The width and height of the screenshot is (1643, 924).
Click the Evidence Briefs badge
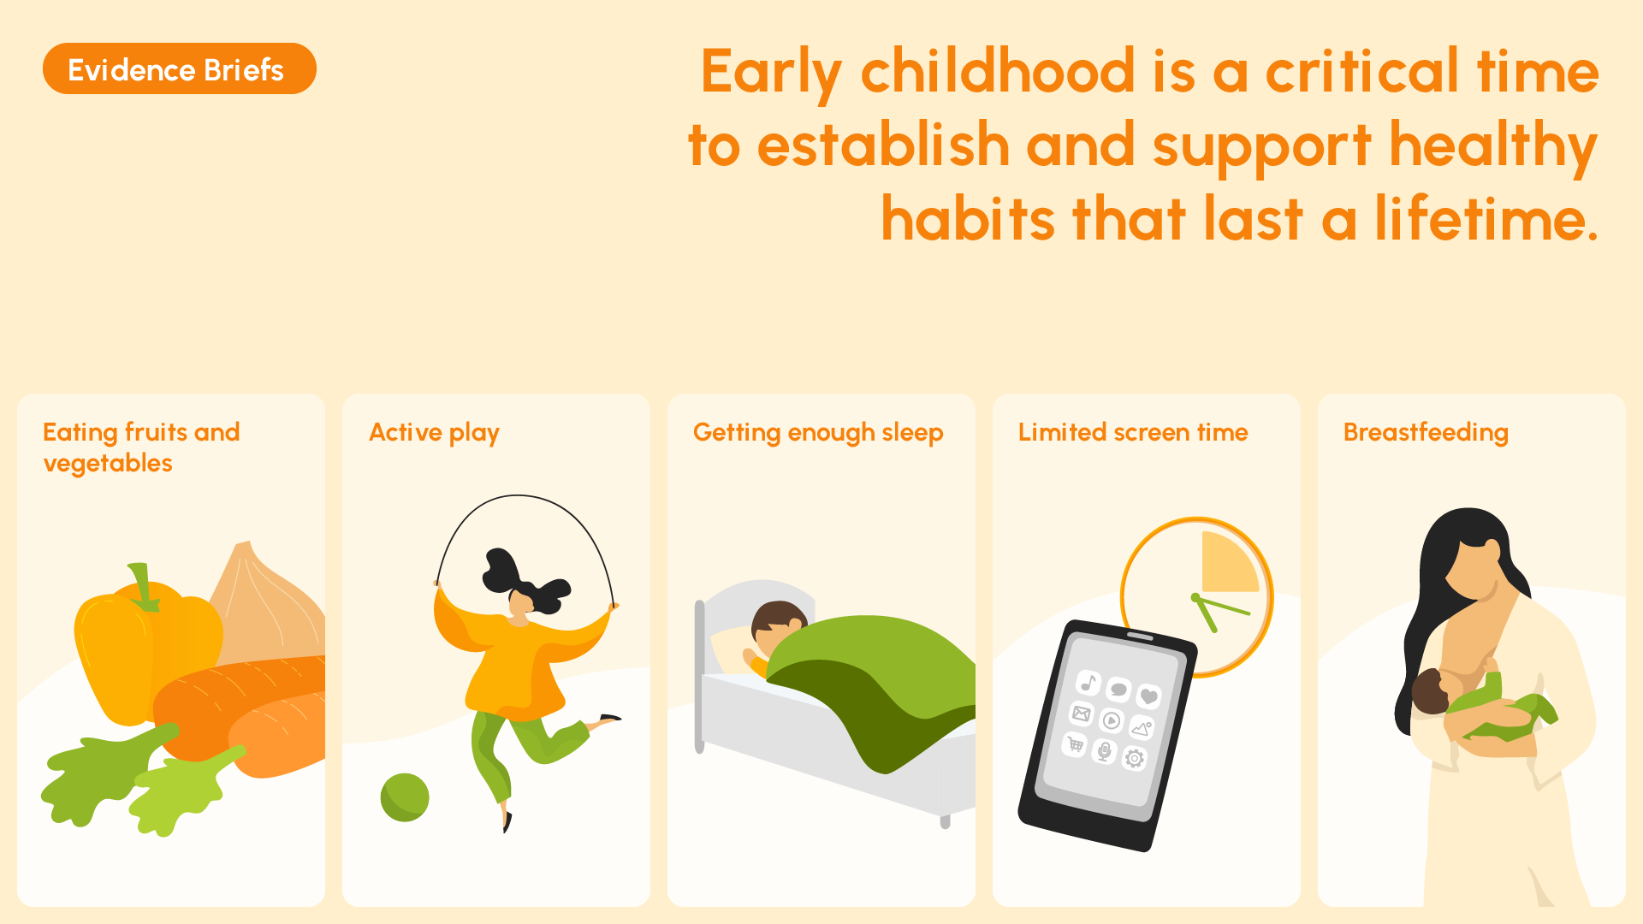coord(180,68)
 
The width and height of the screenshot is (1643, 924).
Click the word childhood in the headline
coord(998,72)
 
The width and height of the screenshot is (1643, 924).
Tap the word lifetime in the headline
coord(1486,219)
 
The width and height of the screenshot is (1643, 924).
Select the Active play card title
coord(434,433)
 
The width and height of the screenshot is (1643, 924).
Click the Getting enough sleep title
coord(818,433)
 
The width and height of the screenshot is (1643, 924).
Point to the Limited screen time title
coord(1133,432)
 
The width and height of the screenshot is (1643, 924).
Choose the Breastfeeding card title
coord(1426,433)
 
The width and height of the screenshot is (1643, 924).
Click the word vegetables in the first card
coord(108,464)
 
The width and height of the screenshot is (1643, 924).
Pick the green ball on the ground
coord(405,797)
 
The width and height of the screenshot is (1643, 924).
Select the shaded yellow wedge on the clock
coord(1228,565)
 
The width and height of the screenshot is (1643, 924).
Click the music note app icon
coord(1088,683)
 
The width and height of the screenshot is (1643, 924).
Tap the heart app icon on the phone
coord(1149,696)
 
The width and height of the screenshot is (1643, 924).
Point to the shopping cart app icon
coord(1075,745)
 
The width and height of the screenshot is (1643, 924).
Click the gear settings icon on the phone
coord(1135,758)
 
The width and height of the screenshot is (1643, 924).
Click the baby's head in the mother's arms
coord(1431,691)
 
